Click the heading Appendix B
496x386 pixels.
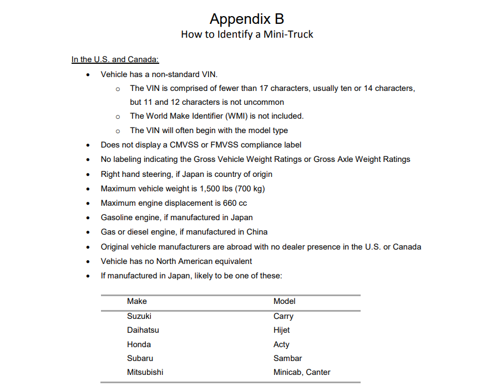[x=247, y=19]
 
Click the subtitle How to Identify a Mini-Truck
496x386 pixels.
[x=247, y=34]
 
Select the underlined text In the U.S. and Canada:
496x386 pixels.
[x=115, y=59]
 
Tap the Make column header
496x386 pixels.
[x=137, y=301]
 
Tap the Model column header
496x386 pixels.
[x=284, y=301]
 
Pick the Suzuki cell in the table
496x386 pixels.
[x=139, y=316]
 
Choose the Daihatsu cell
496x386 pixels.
[x=143, y=330]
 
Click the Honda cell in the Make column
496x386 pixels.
[x=139, y=344]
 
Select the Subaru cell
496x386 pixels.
[x=140, y=358]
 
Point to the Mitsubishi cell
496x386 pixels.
[x=145, y=372]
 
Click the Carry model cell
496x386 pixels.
[x=284, y=316]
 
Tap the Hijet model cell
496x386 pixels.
[x=282, y=330]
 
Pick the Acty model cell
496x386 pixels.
[x=281, y=344]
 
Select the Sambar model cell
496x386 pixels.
[x=288, y=358]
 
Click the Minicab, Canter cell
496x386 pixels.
[x=302, y=372]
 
